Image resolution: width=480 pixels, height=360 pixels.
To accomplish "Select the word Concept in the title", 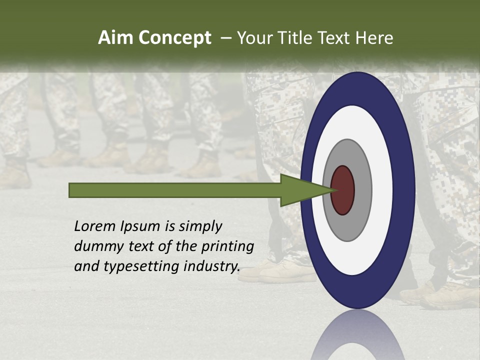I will click(174, 38).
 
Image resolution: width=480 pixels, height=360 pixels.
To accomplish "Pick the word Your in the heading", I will click(254, 38).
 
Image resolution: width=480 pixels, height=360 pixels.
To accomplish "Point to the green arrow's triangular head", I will click(300, 190).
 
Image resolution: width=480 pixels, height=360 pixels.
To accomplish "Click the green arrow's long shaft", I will click(175, 190).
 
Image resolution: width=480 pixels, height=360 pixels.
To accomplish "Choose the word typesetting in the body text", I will click(141, 267).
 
